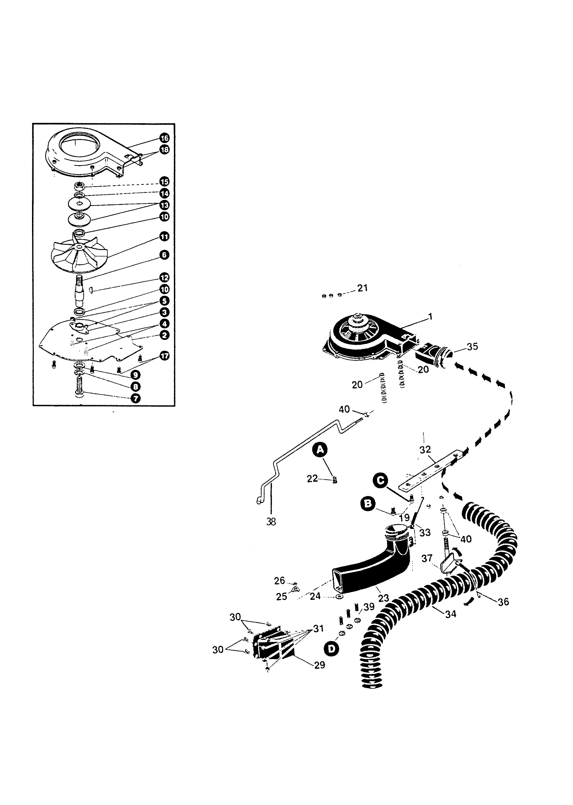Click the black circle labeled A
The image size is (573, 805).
tap(320, 449)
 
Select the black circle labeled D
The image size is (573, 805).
tap(331, 649)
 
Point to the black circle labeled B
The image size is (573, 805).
tap(367, 504)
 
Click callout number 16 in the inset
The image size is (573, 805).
tap(164, 138)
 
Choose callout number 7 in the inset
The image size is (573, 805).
tap(135, 399)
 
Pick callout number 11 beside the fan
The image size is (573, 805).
tap(164, 236)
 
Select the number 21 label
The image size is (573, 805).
tap(362, 288)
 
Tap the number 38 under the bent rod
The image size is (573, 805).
tap(271, 522)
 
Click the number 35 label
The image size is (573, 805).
tap(472, 347)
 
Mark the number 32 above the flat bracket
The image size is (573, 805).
tap(425, 449)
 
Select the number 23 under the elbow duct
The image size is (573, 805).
tap(383, 598)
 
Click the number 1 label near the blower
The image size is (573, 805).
tap(430, 316)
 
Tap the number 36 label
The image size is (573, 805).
tap(503, 602)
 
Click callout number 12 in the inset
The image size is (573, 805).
tap(164, 277)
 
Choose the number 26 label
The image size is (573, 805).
tap(280, 580)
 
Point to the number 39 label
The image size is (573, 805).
tap(369, 607)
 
